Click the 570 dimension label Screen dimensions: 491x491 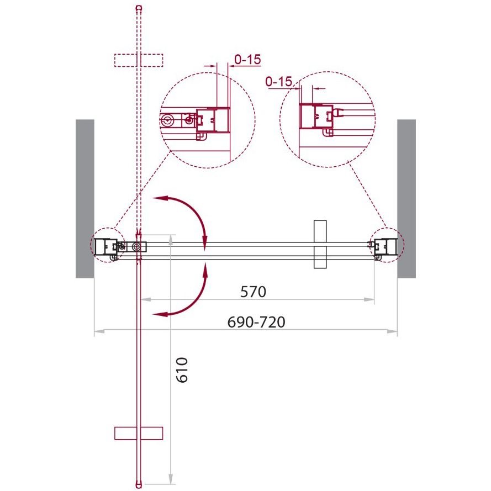(x=253, y=292)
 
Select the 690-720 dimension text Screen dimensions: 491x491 (x=256, y=322)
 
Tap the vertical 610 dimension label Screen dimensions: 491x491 (x=182, y=370)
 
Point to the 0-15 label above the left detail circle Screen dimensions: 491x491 (x=247, y=59)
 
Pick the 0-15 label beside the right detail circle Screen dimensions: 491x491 (x=279, y=82)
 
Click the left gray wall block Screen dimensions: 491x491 (x=85, y=198)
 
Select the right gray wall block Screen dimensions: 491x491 (x=406, y=198)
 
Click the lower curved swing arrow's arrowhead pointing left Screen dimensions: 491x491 (x=160, y=314)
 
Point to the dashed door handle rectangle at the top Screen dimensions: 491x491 (x=139, y=60)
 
